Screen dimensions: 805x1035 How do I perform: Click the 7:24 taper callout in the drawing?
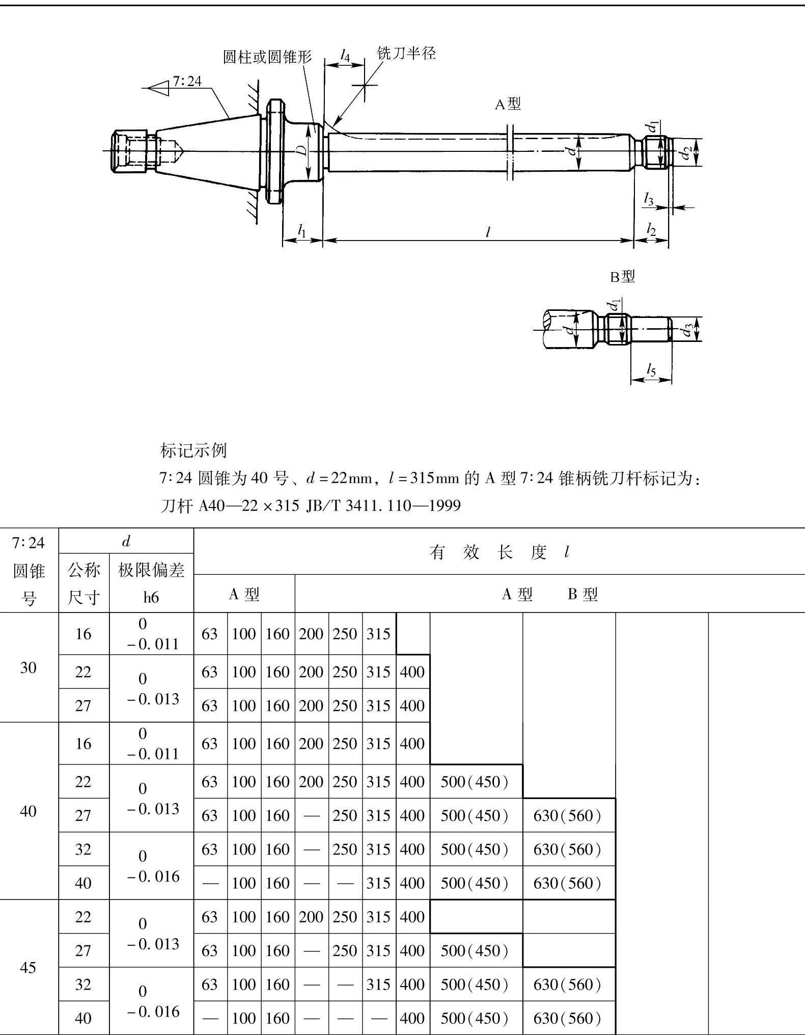point(187,81)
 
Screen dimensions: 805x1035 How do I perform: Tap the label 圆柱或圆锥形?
point(267,57)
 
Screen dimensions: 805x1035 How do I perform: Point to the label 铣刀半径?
point(406,52)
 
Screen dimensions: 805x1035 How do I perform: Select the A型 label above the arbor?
point(508,104)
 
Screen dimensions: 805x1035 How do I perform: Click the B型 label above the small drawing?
point(622,277)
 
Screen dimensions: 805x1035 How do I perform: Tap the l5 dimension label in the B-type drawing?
point(651,369)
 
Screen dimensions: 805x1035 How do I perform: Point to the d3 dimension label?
point(688,330)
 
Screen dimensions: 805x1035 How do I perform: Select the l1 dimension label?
point(302,231)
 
